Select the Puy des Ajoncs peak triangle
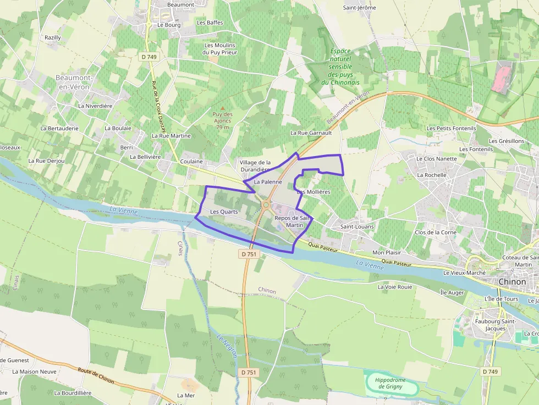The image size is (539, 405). (x=223, y=108)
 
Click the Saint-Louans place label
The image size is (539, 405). (x=357, y=226)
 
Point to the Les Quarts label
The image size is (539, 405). (x=224, y=212)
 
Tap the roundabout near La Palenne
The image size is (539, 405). (x=266, y=205)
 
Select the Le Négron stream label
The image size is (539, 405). (x=227, y=346)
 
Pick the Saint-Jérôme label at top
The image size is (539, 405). (x=359, y=8)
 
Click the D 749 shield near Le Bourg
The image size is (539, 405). (x=148, y=57)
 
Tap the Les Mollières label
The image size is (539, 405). (x=313, y=192)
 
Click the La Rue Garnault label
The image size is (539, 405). (x=311, y=133)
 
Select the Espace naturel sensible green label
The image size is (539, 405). (x=340, y=66)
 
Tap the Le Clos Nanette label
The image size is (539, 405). (x=437, y=159)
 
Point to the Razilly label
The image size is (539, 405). (x=53, y=37)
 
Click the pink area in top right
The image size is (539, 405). (x=501, y=77)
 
